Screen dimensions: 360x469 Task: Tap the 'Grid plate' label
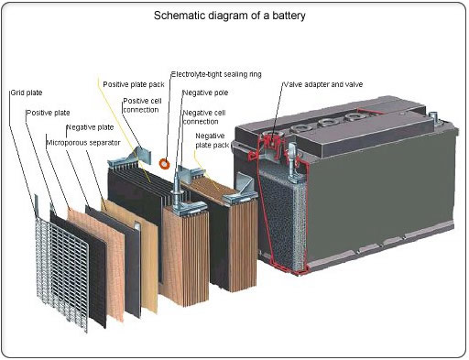point(27,93)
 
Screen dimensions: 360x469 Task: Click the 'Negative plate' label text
point(89,126)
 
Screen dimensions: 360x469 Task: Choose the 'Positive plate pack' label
point(134,83)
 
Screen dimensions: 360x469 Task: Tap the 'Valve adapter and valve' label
point(329,83)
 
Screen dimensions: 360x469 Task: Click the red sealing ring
point(165,163)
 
